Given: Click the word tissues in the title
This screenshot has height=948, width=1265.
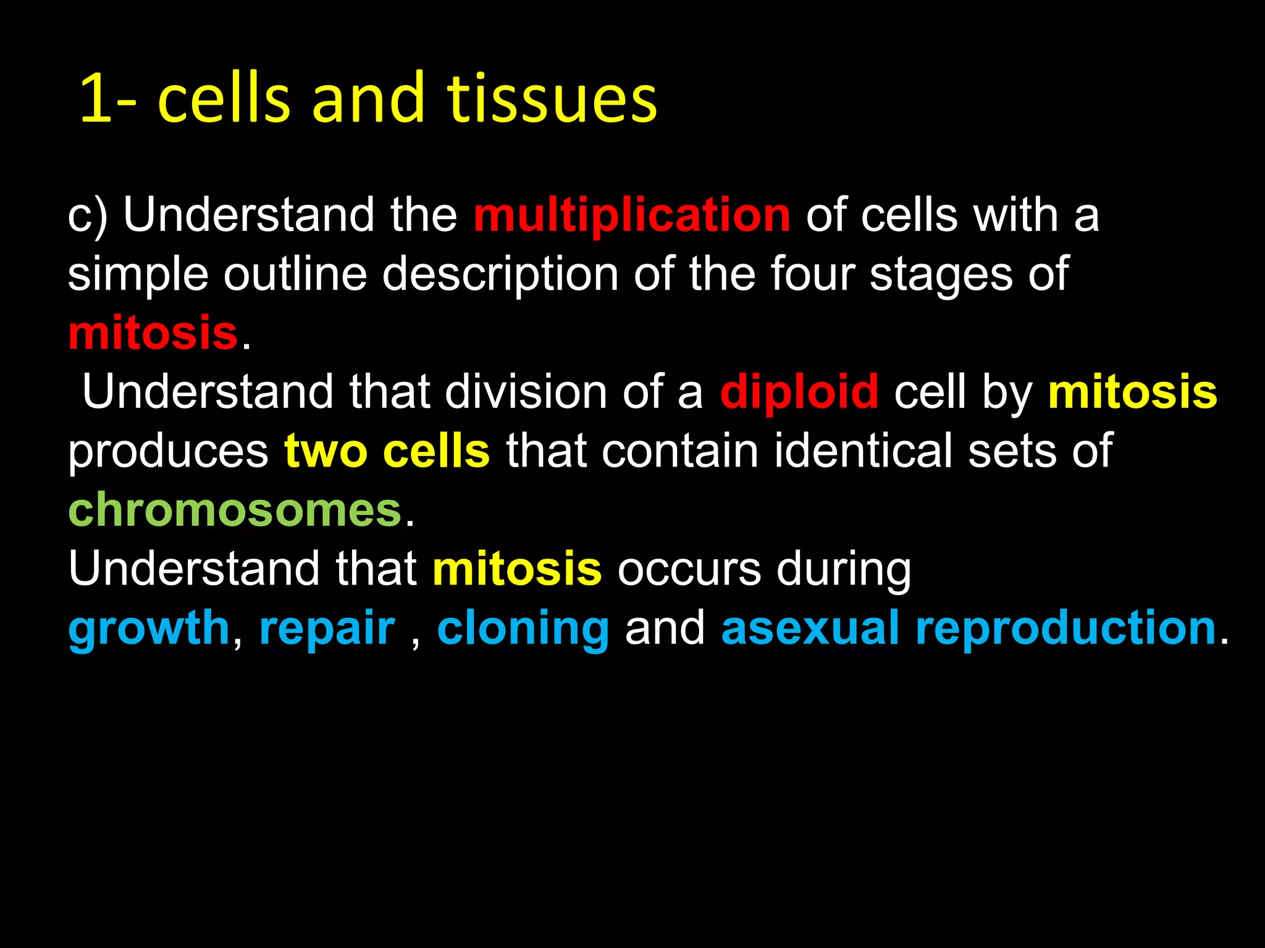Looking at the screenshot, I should (552, 99).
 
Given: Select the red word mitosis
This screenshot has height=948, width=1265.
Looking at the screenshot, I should (153, 333).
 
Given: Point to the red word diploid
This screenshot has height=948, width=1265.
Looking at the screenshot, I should (799, 392).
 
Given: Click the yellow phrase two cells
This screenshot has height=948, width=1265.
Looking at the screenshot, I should (387, 451).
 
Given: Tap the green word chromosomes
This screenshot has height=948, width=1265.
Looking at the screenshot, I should (235, 510).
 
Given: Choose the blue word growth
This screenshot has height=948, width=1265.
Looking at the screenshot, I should (149, 628).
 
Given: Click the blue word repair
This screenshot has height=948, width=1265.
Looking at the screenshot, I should (327, 628).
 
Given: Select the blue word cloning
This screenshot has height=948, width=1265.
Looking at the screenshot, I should (523, 628).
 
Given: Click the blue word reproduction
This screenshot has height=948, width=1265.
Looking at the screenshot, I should (1065, 628).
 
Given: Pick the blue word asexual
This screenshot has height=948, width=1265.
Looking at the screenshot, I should (810, 628).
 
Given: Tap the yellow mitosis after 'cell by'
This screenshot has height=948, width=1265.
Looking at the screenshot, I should (1132, 392).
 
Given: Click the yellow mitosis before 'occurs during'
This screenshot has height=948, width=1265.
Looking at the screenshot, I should (517, 569).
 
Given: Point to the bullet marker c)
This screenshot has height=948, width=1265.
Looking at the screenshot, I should (87, 216).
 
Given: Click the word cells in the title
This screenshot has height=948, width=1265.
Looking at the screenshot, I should (224, 99).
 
